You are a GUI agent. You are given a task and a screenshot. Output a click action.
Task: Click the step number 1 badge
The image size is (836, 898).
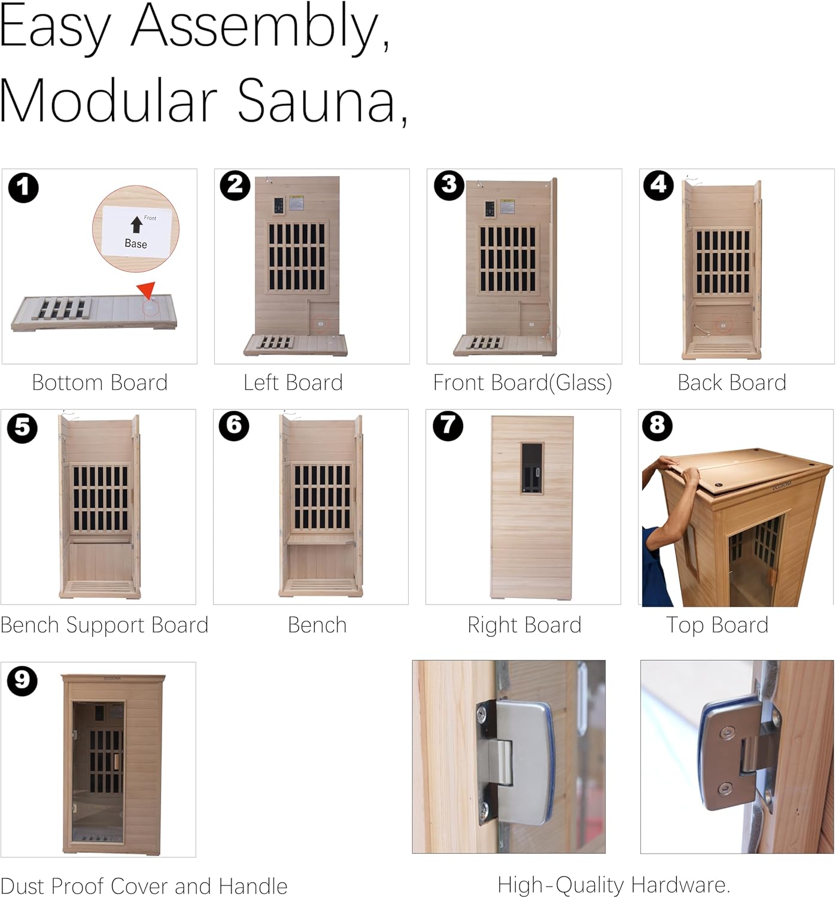tap(23, 187)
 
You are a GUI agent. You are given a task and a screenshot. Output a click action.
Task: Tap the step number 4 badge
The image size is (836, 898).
tap(658, 186)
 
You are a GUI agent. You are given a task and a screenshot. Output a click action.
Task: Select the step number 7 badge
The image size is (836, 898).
tap(448, 426)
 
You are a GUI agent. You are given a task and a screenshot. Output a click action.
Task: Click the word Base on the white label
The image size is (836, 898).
tap(136, 244)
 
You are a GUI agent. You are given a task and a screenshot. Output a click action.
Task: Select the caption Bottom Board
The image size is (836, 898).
tap(100, 383)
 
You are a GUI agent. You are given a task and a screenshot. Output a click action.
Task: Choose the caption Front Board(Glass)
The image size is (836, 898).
tap(522, 383)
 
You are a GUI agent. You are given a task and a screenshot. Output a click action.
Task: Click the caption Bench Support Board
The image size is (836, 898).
tap(105, 626)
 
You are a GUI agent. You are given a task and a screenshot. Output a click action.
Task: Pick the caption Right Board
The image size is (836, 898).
tap(524, 626)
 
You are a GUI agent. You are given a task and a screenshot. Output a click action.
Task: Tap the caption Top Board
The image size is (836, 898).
tap(717, 626)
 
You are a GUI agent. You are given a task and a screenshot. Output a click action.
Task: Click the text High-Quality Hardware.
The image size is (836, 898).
tap(613, 885)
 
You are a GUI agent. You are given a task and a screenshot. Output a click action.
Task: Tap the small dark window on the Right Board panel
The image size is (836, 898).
tap(532, 468)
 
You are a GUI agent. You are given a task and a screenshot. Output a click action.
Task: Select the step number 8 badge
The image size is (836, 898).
tap(658, 426)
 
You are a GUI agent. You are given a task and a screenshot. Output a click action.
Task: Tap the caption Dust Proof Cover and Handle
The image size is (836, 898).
tap(144, 886)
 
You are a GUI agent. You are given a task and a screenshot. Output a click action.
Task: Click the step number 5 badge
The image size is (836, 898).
tap(22, 428)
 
